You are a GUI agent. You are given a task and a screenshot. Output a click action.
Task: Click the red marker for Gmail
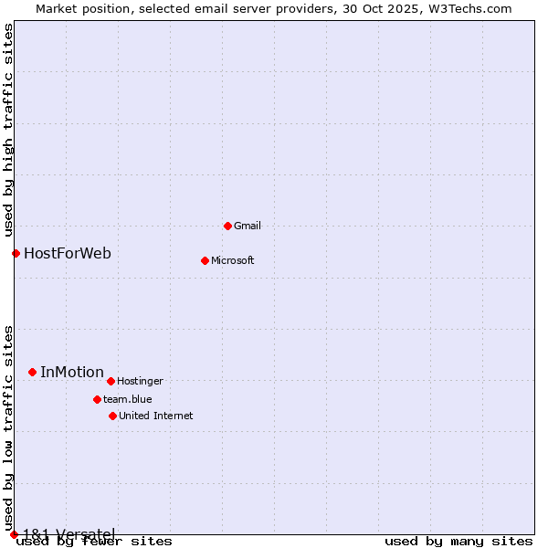(x=227, y=226)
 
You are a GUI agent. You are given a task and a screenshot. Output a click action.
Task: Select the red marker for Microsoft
(x=205, y=260)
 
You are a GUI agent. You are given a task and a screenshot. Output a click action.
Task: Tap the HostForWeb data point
(x=16, y=253)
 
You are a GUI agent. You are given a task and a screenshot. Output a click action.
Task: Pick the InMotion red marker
(x=32, y=372)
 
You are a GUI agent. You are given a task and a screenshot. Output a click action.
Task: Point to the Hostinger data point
(x=111, y=381)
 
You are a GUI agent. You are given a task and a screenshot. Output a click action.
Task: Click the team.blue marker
(x=97, y=399)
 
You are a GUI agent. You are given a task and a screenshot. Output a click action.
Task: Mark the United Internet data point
(x=112, y=416)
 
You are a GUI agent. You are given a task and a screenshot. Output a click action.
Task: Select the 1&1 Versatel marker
(x=14, y=534)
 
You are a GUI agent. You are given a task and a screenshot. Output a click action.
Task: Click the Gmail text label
(x=248, y=226)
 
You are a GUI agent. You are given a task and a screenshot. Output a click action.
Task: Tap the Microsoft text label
(x=232, y=260)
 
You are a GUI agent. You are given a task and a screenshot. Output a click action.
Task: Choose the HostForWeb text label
(x=68, y=253)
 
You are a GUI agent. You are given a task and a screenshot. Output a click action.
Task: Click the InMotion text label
(x=72, y=372)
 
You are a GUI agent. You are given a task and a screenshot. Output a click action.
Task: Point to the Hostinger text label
(x=140, y=381)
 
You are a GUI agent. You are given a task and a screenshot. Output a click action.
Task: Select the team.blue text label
(x=127, y=399)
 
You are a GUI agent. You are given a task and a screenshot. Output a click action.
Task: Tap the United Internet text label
(x=155, y=416)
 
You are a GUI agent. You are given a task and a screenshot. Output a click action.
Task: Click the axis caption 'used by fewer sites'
(x=94, y=542)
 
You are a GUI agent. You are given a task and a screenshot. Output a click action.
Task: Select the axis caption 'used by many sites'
(x=458, y=542)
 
